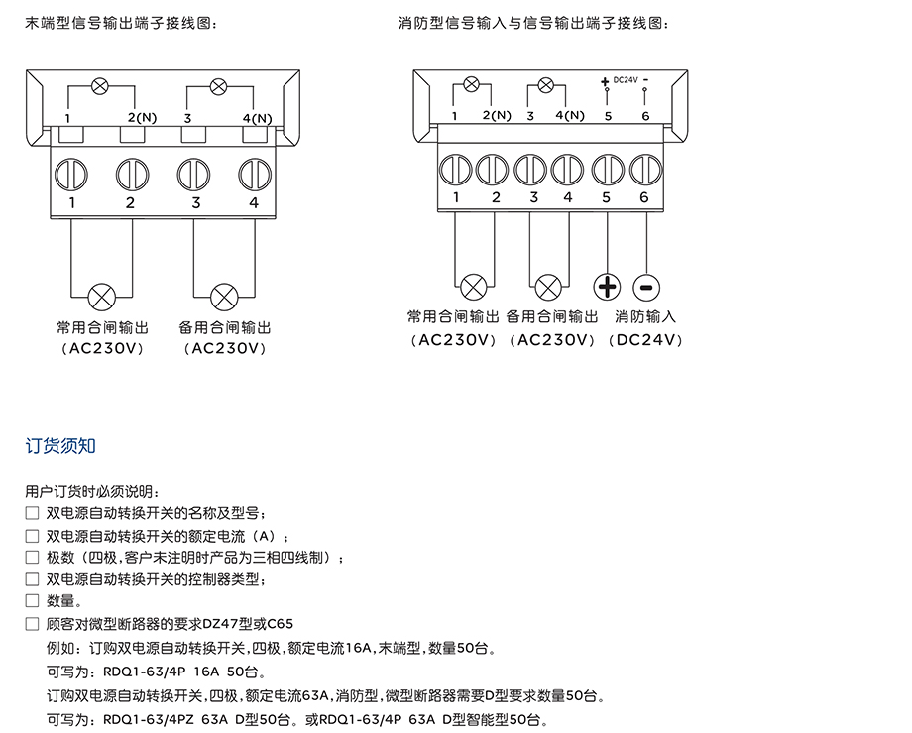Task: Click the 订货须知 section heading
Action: click(60, 446)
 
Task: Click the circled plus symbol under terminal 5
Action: click(607, 288)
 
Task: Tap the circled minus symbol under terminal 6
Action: click(644, 288)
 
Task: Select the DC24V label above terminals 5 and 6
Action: click(626, 80)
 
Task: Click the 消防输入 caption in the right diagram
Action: click(645, 317)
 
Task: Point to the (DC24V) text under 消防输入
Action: click(645, 340)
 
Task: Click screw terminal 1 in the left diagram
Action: click(72, 173)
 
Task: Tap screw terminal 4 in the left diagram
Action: click(254, 173)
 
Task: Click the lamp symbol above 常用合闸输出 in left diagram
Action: click(101, 296)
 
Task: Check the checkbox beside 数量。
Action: click(33, 601)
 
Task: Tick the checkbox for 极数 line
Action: click(33, 557)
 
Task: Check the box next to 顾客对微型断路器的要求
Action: click(33, 624)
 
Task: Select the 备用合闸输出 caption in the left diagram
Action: click(225, 327)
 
